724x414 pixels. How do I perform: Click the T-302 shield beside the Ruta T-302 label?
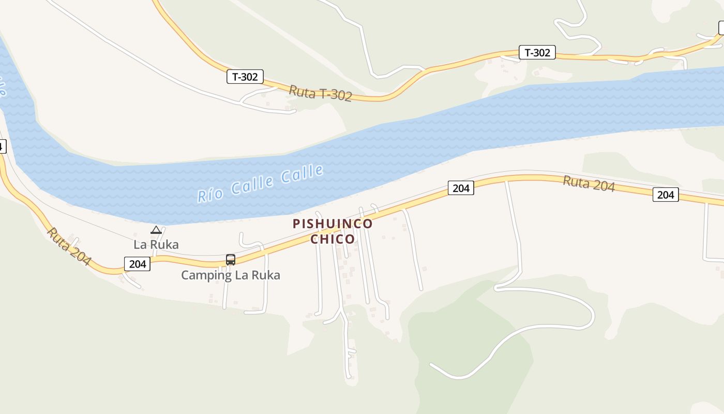click(x=245, y=77)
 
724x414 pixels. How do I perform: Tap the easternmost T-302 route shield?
click(x=537, y=52)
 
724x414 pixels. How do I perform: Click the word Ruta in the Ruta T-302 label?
click(x=302, y=91)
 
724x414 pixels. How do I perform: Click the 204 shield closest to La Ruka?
click(x=138, y=264)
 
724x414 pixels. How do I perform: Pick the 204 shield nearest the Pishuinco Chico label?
click(x=461, y=188)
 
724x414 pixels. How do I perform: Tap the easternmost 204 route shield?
click(x=666, y=195)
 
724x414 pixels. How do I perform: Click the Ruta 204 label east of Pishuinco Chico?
click(x=589, y=184)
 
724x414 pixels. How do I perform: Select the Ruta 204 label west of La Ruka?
click(x=68, y=247)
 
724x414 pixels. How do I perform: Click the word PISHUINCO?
click(x=333, y=224)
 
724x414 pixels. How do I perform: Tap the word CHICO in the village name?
click(x=333, y=239)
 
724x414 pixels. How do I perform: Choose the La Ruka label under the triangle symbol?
click(x=156, y=244)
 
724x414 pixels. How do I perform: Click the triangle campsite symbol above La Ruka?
click(x=156, y=230)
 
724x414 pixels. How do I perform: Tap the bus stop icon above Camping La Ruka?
click(x=231, y=259)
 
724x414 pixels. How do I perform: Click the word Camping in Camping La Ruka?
click(x=206, y=275)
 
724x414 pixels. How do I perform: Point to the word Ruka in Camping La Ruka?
click(x=266, y=275)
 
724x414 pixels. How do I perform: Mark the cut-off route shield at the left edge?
click(x=2, y=146)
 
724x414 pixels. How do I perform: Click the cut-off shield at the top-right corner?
click(x=721, y=28)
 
